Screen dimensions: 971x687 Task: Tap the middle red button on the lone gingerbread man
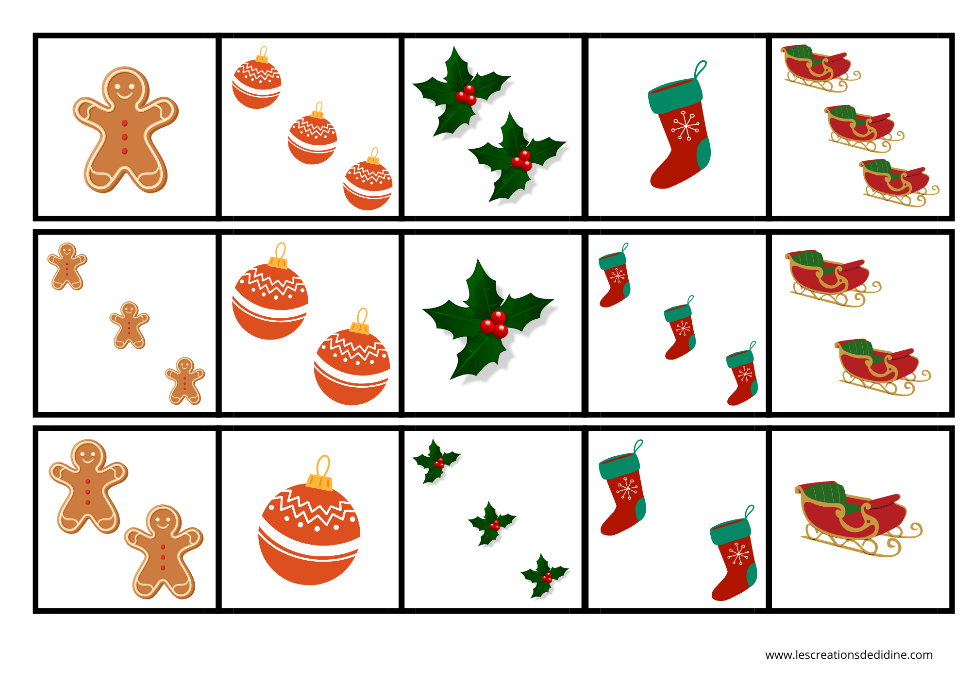click(125, 137)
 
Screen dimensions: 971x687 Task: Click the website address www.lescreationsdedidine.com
click(849, 655)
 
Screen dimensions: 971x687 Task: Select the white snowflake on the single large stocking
click(685, 126)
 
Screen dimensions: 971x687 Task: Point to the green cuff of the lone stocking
click(675, 96)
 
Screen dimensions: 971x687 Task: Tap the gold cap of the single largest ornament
click(319, 481)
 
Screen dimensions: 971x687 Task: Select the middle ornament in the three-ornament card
click(312, 134)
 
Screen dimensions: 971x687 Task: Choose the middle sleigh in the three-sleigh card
click(863, 127)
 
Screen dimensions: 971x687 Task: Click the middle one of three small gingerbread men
click(129, 325)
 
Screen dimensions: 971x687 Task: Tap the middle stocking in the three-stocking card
click(680, 328)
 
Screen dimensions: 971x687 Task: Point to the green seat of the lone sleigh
click(824, 494)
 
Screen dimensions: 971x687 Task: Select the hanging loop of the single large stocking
click(700, 69)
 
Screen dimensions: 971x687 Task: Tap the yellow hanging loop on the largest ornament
click(323, 466)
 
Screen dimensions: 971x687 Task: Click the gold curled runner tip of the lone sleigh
click(915, 531)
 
